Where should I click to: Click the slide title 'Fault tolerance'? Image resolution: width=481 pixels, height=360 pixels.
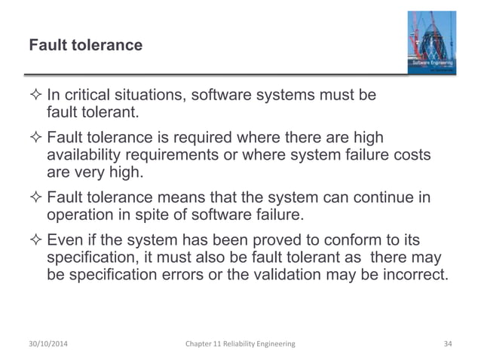pos(85,46)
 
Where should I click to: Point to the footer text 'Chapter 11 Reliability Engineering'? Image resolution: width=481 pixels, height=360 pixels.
pos(240,343)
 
